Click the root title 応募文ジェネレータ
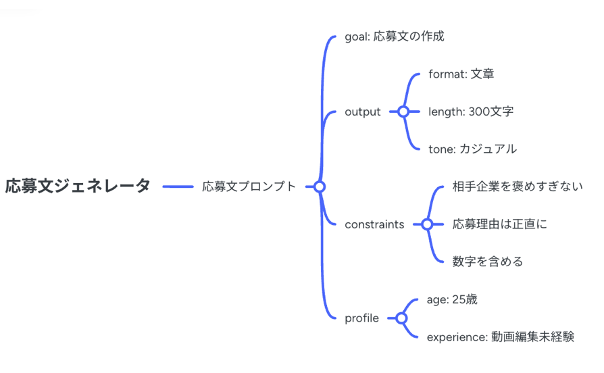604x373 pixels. coord(78,186)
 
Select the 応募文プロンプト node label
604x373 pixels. coord(249,186)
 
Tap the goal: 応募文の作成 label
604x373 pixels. coord(395,36)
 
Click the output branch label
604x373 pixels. coord(363,111)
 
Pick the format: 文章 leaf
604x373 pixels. coord(461,74)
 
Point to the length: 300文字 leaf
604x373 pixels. coord(471,111)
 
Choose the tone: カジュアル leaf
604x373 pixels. coord(472,149)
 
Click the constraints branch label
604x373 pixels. coord(374,224)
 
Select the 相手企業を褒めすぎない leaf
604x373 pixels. coord(518,186)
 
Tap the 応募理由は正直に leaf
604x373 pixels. coord(500,224)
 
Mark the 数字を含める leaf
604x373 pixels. coord(488,262)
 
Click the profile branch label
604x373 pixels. coord(361,318)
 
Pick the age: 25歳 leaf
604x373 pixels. coord(452,299)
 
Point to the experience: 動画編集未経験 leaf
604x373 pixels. coord(501,337)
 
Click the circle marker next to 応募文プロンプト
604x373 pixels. coord(320,186)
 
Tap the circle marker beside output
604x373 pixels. coord(403,111)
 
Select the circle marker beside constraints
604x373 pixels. coord(427,224)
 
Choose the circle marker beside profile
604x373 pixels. coord(401,318)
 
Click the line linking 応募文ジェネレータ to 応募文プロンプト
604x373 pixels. coord(178,186)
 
